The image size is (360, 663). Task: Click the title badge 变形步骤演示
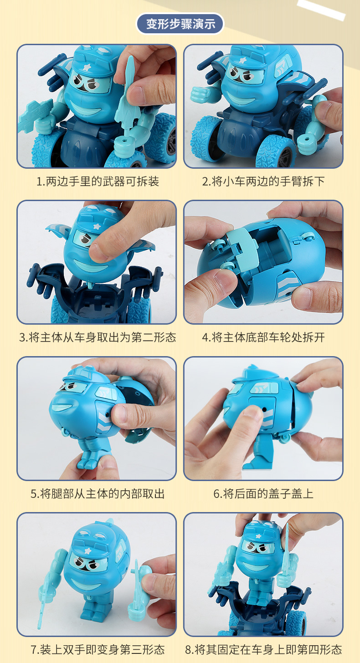[180, 24]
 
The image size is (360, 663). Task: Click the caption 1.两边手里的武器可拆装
[98, 181]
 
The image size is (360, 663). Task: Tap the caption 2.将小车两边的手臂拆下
[263, 181]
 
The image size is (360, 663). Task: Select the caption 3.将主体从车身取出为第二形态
[98, 337]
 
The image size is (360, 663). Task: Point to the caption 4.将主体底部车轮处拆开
[263, 337]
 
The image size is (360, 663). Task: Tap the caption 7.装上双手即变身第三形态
[98, 650]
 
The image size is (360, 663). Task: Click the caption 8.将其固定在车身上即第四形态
[263, 650]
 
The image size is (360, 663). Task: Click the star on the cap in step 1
[87, 67]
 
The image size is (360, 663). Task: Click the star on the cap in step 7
[88, 551]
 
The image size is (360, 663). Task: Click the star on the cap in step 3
[97, 227]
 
